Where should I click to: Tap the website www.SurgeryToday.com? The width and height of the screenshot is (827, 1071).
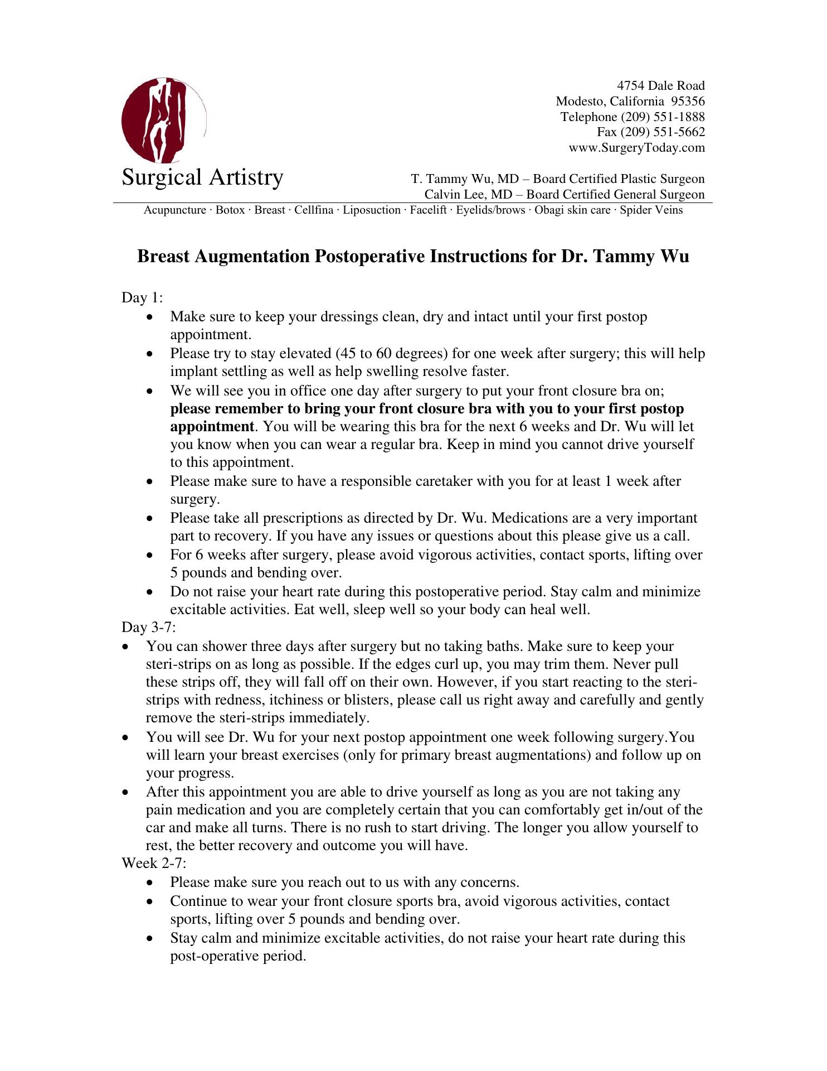tap(636, 148)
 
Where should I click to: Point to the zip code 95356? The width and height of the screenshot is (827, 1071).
tap(688, 102)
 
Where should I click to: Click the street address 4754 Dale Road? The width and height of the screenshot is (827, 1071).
tap(660, 86)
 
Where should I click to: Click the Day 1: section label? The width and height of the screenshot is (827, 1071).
tap(142, 298)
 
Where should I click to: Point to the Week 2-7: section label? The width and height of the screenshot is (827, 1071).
tap(154, 863)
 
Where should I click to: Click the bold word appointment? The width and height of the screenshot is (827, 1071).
tap(212, 427)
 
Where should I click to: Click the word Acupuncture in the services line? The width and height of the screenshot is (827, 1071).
tap(175, 210)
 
